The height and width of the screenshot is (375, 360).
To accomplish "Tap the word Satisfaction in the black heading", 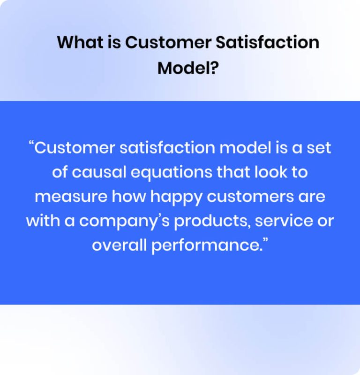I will (x=267, y=43).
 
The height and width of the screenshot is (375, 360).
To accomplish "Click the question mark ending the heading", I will (x=215, y=68).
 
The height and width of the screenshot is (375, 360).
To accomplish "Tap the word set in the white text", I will (x=320, y=148).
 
